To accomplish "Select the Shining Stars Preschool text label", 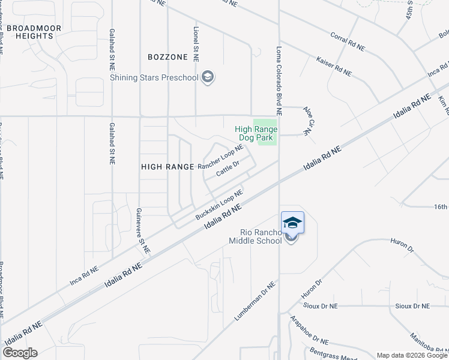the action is click(154, 77).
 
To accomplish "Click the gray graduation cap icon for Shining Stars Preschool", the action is click(208, 77).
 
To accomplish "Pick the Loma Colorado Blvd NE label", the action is click(279, 73).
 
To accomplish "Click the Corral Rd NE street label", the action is click(348, 43).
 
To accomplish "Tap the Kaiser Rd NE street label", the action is click(334, 67).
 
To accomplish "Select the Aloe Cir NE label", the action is click(309, 123).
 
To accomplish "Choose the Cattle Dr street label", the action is click(228, 169).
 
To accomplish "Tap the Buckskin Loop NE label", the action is click(218, 205).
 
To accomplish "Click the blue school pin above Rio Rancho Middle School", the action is click(292, 222).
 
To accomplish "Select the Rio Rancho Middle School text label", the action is click(255, 237).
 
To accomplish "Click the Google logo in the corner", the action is click(20, 353).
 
